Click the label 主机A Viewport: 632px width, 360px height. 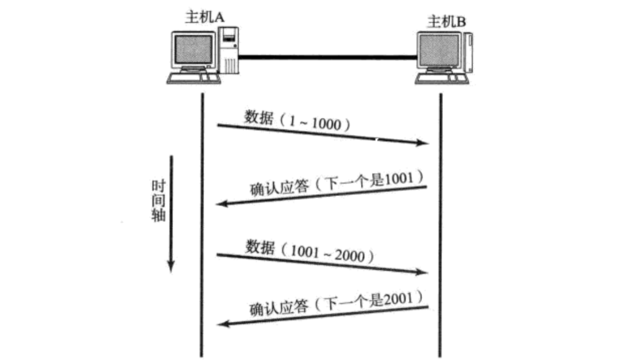pos(205,16)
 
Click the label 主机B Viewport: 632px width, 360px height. pos(446,22)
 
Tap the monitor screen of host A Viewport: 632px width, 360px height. pos(194,49)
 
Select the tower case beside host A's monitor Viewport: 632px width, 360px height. pos(229,51)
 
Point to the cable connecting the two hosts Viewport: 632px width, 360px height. pos(327,56)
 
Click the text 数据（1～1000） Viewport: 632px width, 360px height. pos(296,120)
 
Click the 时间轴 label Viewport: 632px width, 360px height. pos(158,201)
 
